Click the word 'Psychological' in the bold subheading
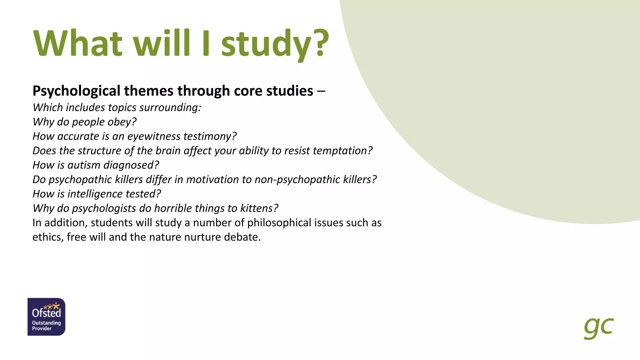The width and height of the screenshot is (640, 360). tap(76, 91)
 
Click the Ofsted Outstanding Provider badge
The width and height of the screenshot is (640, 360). tap(46, 317)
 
